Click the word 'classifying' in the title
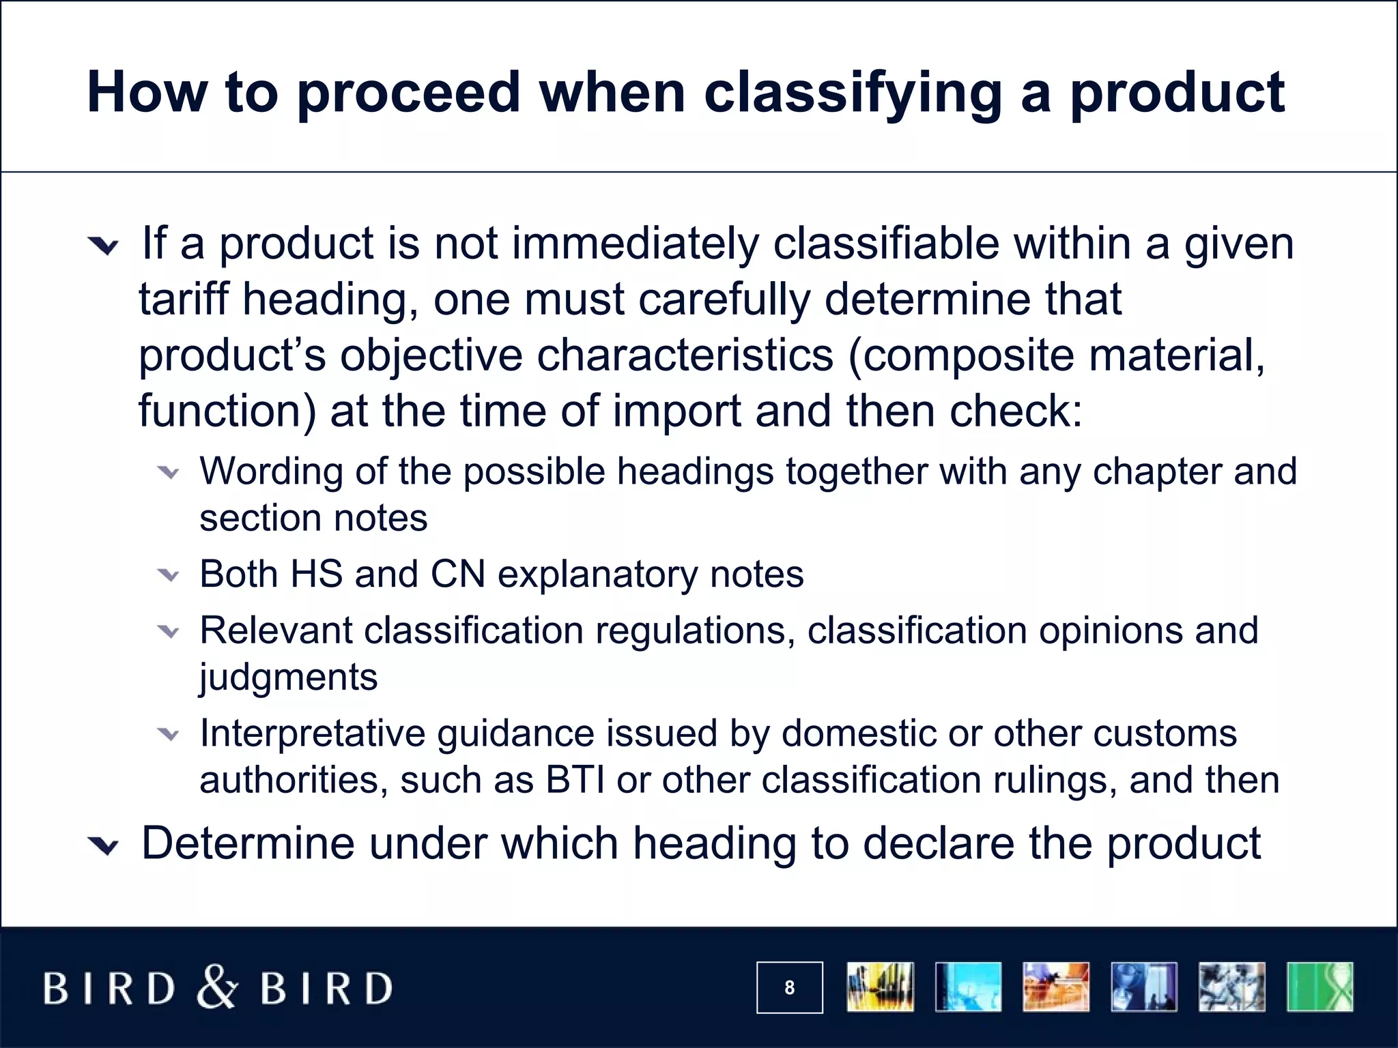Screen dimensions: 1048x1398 853,93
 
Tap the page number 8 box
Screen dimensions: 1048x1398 789,987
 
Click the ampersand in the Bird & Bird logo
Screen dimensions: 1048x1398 218,987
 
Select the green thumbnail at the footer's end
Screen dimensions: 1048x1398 1319,987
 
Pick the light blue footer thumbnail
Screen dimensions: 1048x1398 968,987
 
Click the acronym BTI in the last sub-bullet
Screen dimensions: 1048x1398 575,780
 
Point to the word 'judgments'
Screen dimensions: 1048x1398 288,678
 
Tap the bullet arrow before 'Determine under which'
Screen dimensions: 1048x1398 104,847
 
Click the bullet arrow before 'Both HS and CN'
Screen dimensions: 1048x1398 168,575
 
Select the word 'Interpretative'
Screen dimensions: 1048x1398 313,734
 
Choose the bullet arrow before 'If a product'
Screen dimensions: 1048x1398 104,246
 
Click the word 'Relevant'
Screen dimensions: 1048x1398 275,630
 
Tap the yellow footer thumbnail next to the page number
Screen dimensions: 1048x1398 880,987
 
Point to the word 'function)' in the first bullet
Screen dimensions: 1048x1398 227,411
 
